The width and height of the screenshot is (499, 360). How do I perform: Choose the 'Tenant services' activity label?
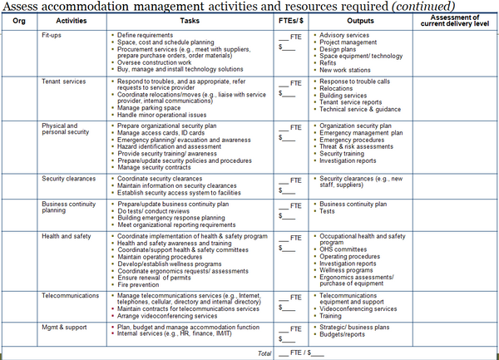tap(63, 81)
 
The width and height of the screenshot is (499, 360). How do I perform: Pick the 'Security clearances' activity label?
tap(69, 178)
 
